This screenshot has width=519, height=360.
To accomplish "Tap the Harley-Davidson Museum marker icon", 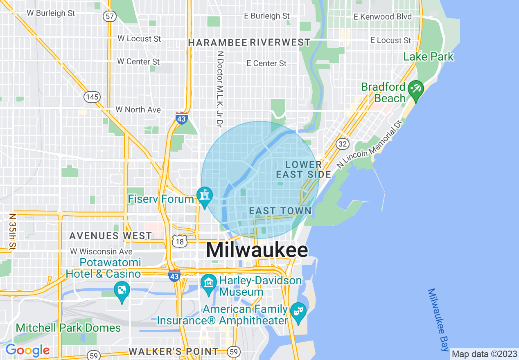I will coord(209,282).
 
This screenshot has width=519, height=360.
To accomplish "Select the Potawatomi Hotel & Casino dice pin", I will coord(122,290).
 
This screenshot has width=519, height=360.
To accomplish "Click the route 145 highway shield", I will coord(92,97).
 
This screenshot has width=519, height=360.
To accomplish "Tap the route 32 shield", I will coord(342,144).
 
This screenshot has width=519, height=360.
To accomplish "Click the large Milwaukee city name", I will coord(257,250).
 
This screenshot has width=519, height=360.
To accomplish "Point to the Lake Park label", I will coord(429,56).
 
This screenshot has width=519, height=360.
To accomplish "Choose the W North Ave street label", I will coord(138,110).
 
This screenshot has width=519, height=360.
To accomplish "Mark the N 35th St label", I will coord(13,231).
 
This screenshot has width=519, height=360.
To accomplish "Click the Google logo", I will coord(27,351).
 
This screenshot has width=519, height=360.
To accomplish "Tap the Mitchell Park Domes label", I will coord(68,328).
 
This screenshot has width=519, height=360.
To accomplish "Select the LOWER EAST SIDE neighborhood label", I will coord(303,169).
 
